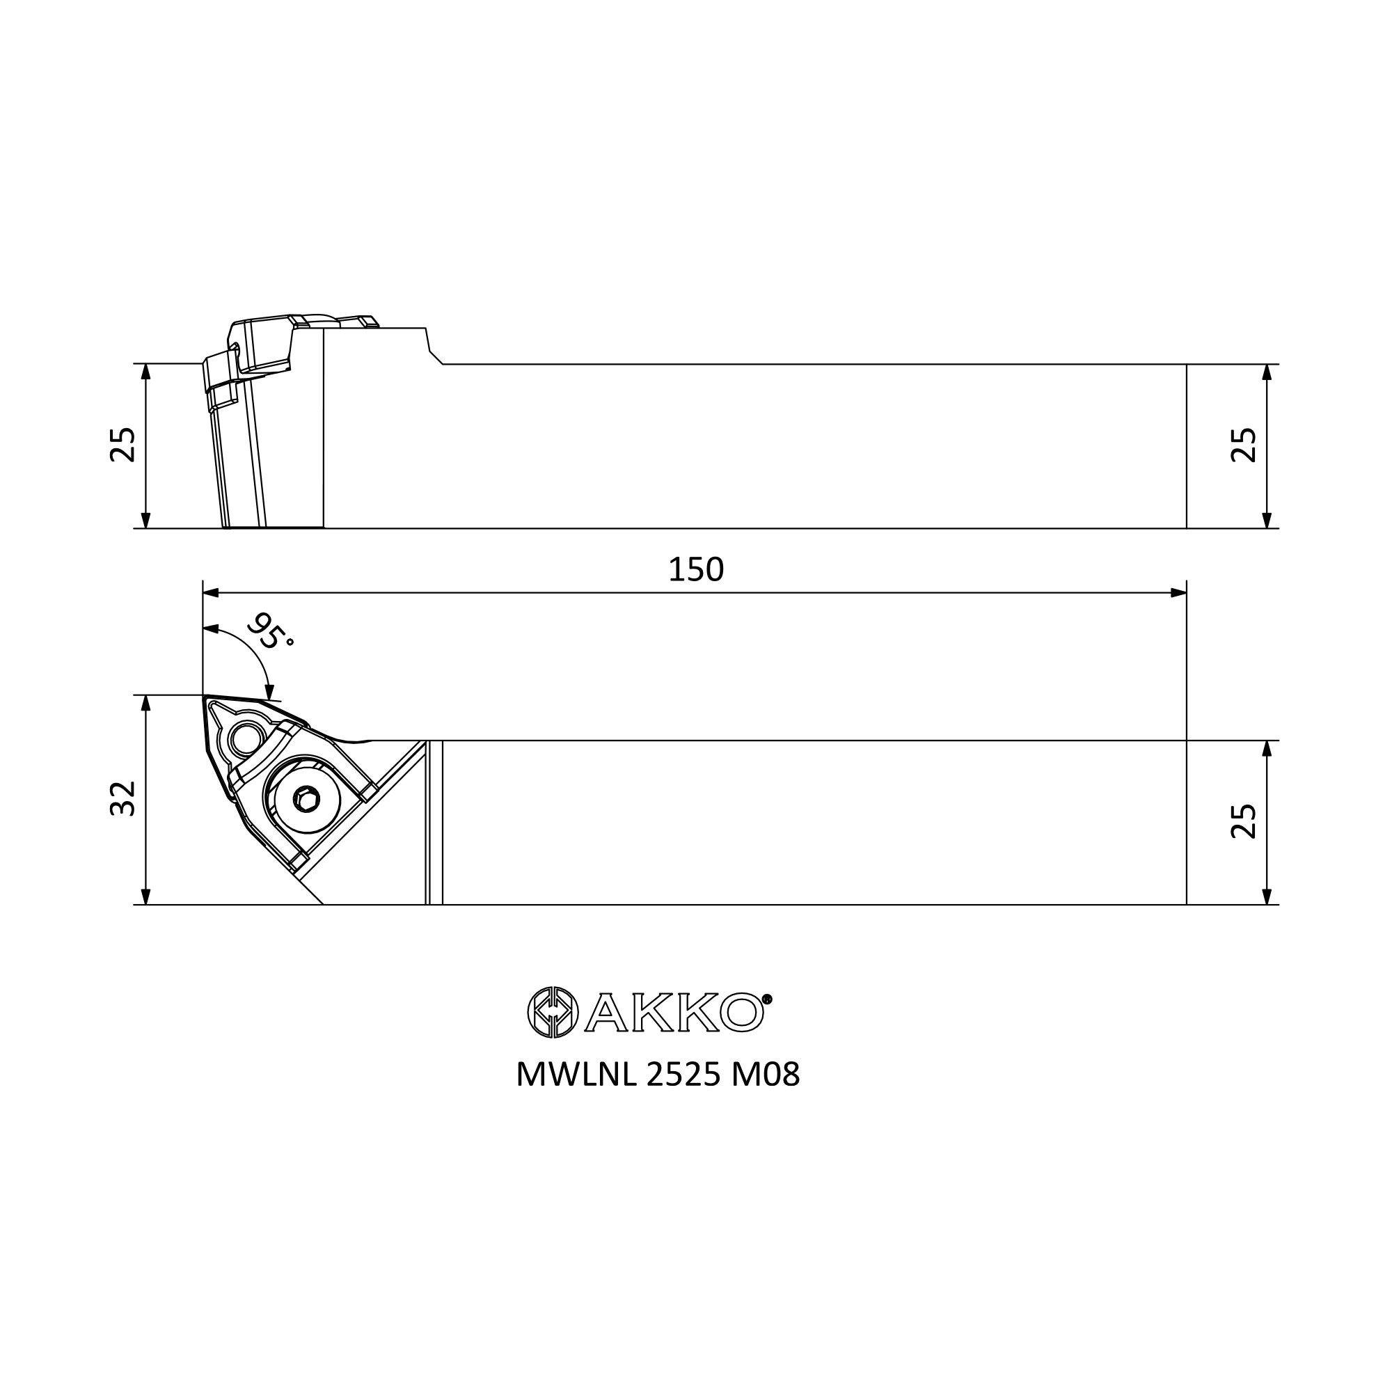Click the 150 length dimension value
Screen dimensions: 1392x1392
point(695,570)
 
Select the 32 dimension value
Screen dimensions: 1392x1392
point(123,798)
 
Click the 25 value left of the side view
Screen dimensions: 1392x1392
point(123,445)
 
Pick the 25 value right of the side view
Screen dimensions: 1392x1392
point(1244,445)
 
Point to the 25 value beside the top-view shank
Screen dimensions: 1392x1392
point(1244,822)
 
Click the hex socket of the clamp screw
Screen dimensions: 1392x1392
point(307,799)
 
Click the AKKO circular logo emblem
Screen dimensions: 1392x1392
point(553,1012)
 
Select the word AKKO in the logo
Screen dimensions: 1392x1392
point(674,1012)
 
